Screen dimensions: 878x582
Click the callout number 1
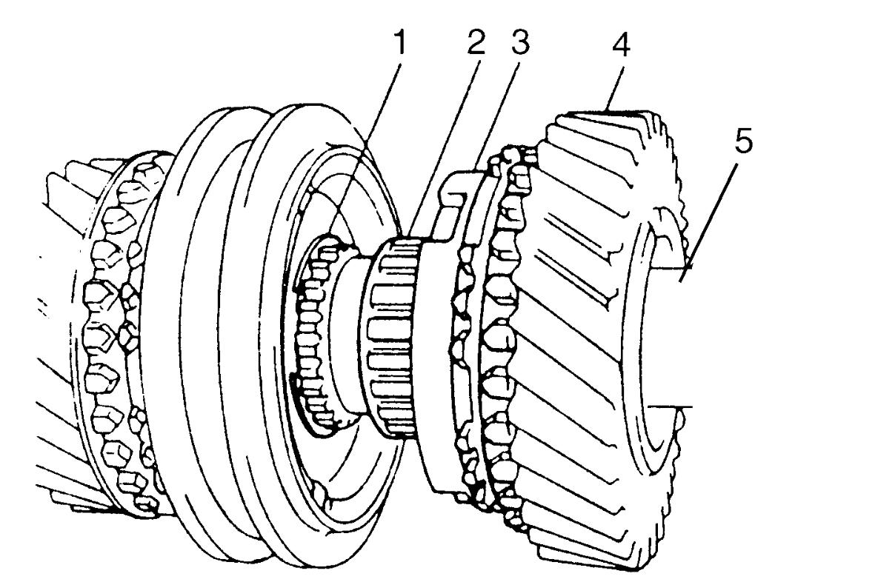pos(400,44)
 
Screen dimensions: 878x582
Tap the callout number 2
pos(476,42)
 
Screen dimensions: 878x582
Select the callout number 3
pos(519,42)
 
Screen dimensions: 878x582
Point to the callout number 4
pos(621,44)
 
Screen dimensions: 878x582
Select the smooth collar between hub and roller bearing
pos(350,335)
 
